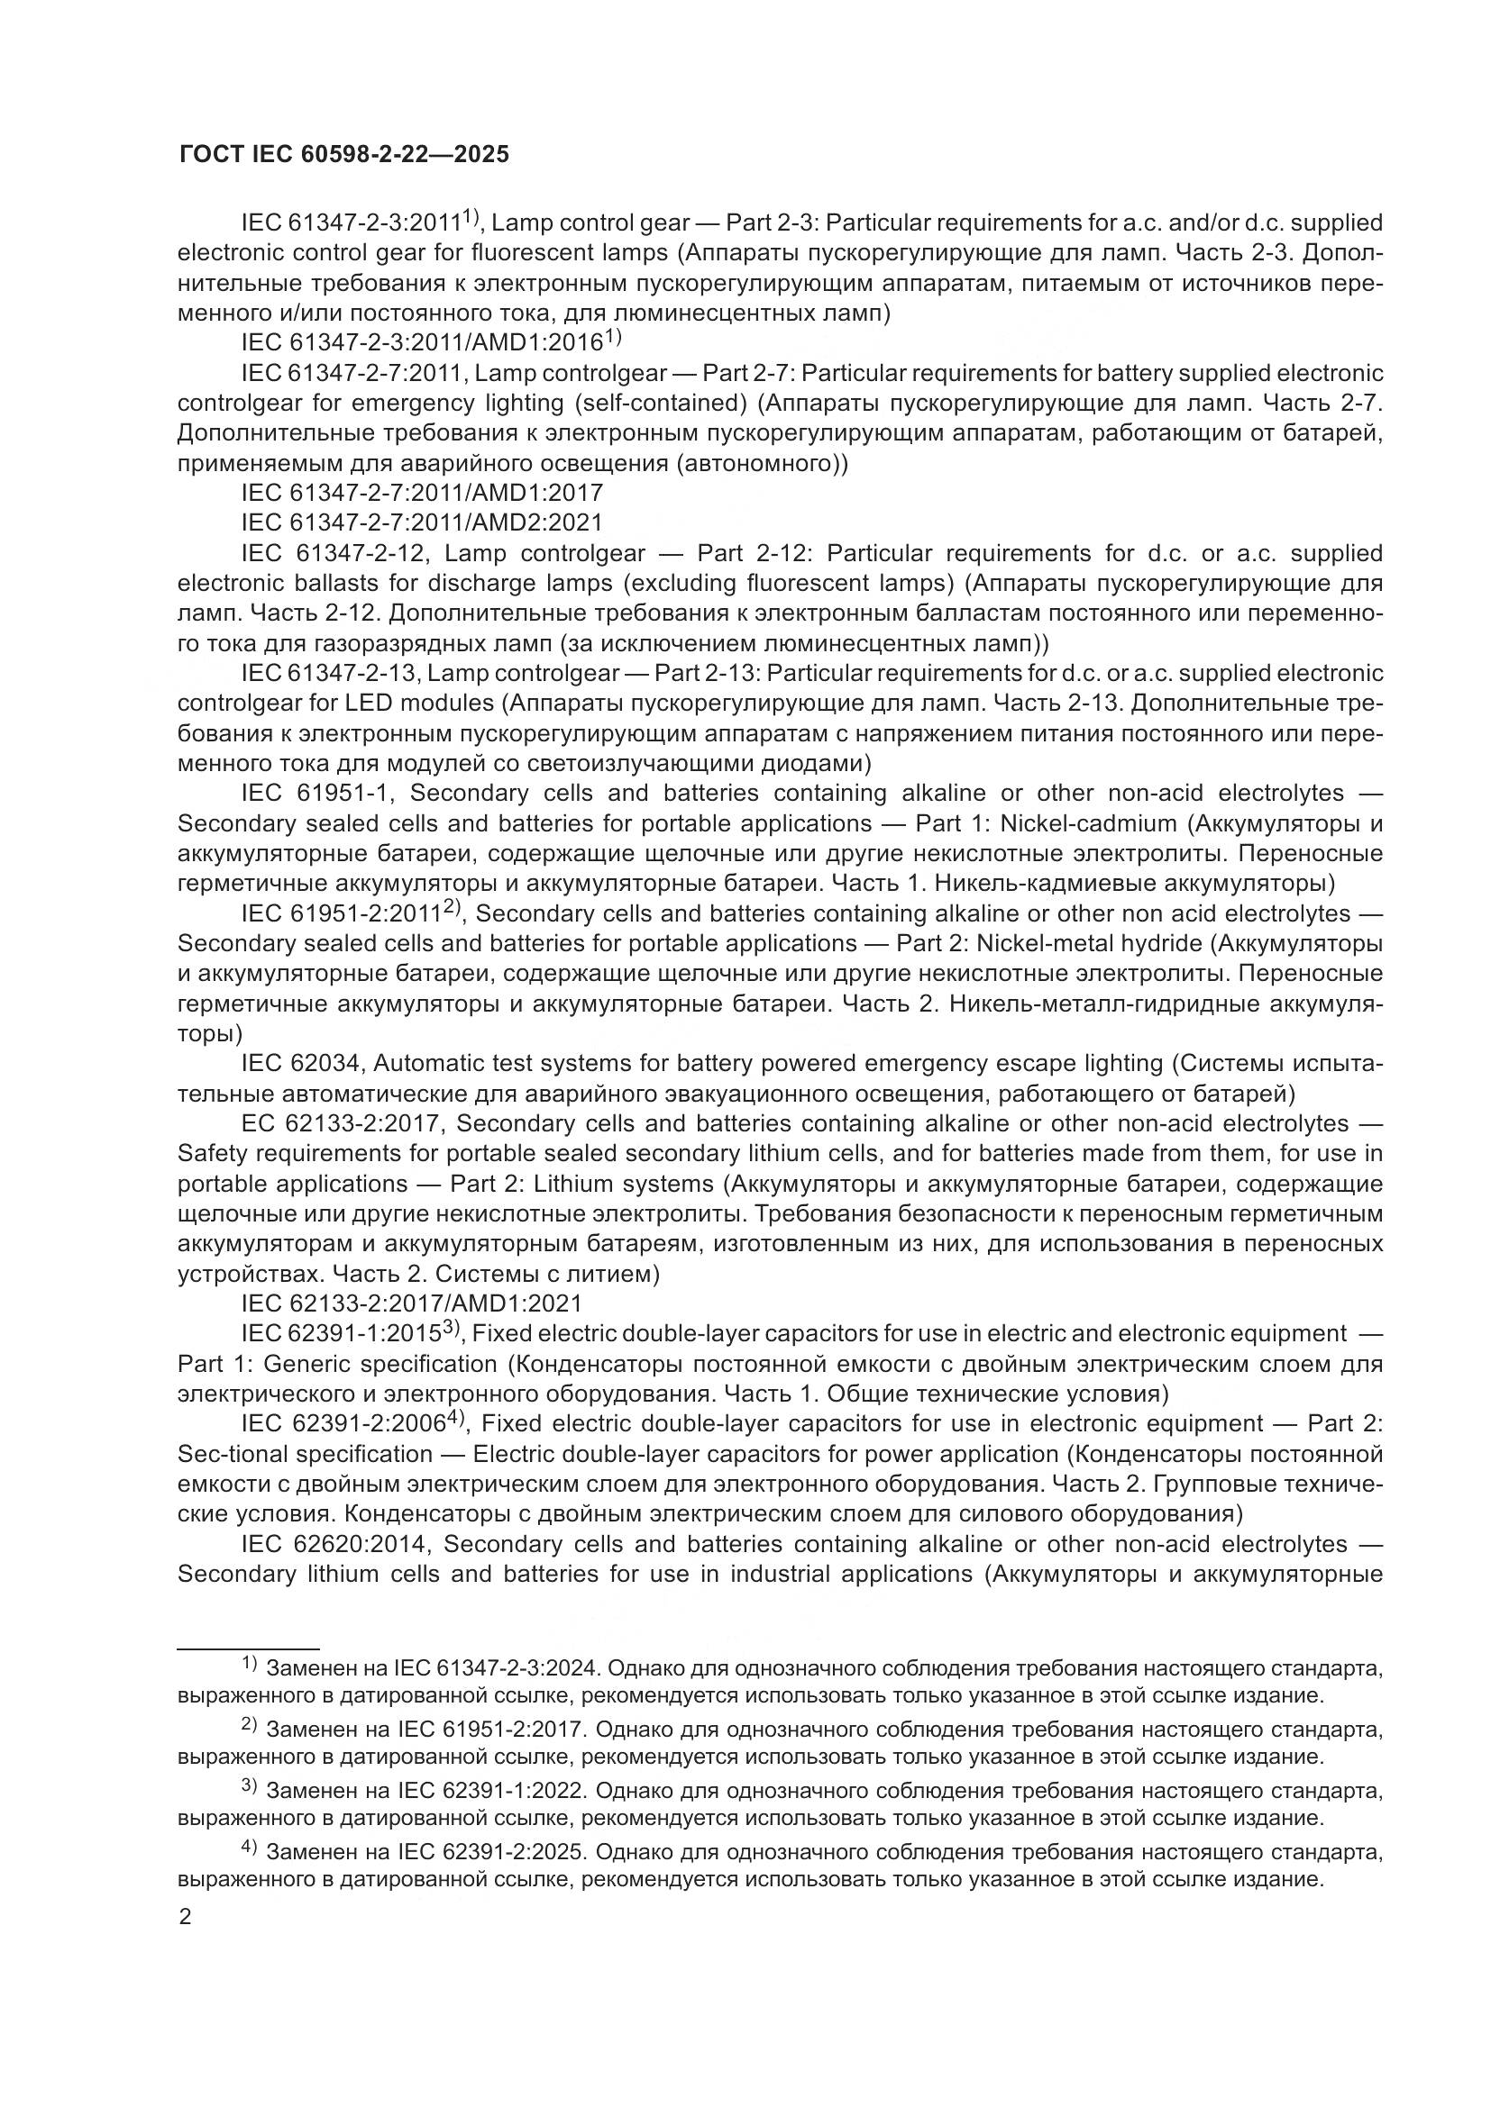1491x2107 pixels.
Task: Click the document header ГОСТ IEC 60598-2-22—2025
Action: click(x=343, y=155)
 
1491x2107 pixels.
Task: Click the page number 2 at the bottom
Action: click(x=186, y=1917)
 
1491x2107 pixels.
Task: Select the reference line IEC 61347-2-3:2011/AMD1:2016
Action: click(x=422, y=343)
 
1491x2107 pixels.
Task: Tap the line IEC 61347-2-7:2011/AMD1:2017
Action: click(x=422, y=494)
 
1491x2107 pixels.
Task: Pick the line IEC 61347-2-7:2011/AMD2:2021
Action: click(x=422, y=523)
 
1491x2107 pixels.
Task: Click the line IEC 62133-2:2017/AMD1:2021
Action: click(x=411, y=1303)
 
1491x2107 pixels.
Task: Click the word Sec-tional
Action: click(x=233, y=1455)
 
